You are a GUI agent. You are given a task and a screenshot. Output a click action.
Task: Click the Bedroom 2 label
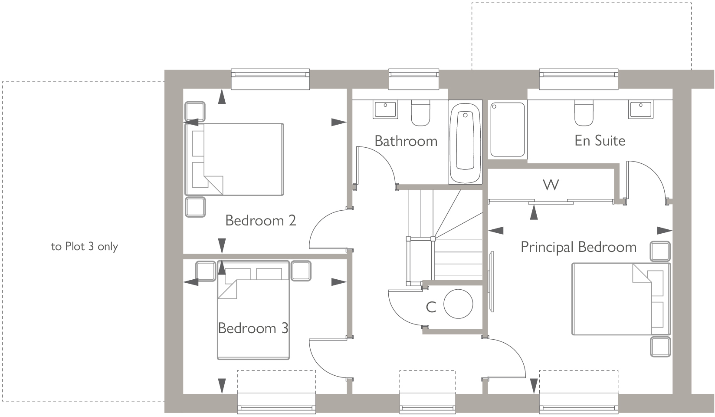pos(260,221)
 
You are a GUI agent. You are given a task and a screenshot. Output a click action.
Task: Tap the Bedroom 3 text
pos(253,328)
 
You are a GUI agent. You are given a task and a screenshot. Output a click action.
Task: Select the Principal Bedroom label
pos(578,247)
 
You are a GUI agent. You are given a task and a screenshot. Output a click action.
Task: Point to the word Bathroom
pos(406,141)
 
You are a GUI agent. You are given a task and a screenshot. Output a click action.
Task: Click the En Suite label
pos(600,141)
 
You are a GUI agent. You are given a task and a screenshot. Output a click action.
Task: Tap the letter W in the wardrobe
pos(551,185)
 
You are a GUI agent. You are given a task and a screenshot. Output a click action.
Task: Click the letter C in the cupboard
pos(431,308)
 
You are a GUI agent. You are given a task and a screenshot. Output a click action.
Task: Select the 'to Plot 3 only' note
pos(85,247)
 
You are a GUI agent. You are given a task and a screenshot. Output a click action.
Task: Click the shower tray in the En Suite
pos(507,129)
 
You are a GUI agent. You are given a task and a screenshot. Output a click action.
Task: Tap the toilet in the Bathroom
pos(420,113)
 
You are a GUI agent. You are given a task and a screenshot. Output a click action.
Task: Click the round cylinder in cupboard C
pos(458,304)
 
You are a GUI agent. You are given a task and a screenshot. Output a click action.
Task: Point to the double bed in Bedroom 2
pos(235,159)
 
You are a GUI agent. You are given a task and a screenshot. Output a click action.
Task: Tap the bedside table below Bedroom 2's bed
pos(194,207)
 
